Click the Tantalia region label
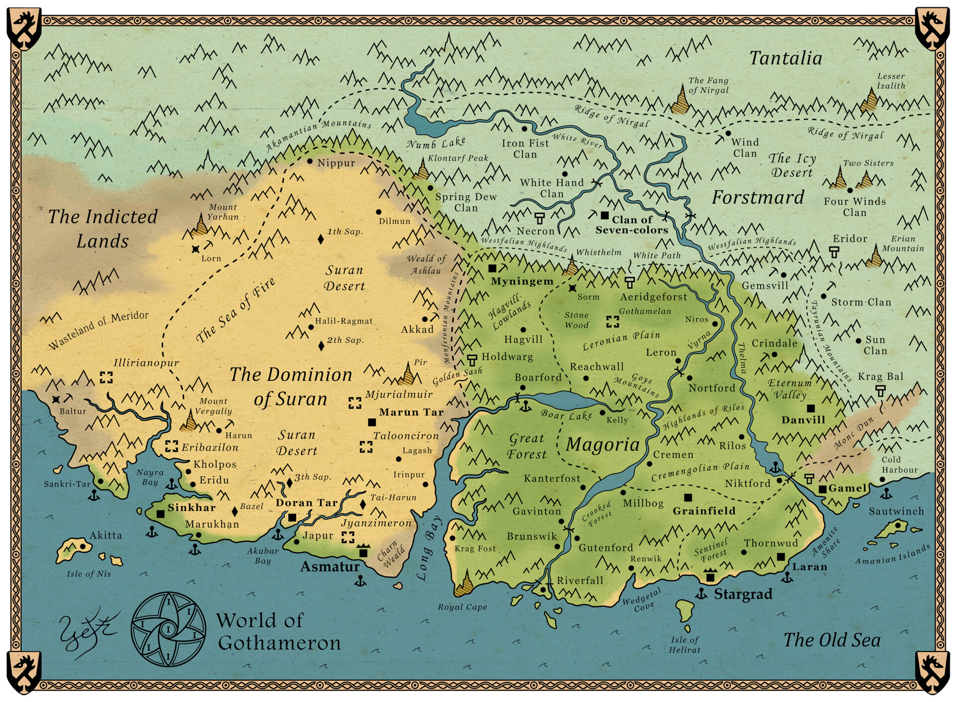pyautogui.click(x=786, y=58)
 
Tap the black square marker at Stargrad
pyautogui.click(x=711, y=577)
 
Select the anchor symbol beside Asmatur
pyautogui.click(x=359, y=581)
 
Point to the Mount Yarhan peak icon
pyautogui.click(x=201, y=226)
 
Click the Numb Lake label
pyautogui.click(x=436, y=143)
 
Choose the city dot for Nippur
pyautogui.click(x=310, y=161)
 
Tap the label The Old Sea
pyautogui.click(x=832, y=640)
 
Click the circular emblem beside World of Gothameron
pyautogui.click(x=168, y=629)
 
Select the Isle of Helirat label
pyautogui.click(x=685, y=644)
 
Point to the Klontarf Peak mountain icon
pyautogui.click(x=423, y=170)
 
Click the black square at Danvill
pyautogui.click(x=811, y=409)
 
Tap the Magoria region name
pyautogui.click(x=602, y=444)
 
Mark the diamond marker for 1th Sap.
pyautogui.click(x=321, y=240)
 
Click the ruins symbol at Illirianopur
pyautogui.click(x=106, y=377)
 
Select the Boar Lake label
pyautogui.click(x=566, y=415)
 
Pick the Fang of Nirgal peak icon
pyautogui.click(x=681, y=100)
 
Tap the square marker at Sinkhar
pyautogui.click(x=160, y=514)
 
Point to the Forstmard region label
pyautogui.click(x=758, y=198)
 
